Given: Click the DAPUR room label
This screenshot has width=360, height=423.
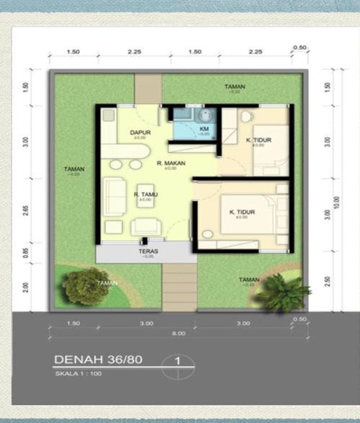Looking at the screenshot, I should click(139, 133).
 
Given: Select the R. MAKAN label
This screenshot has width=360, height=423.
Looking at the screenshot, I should click(171, 164).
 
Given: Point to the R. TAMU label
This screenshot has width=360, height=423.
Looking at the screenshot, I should click(146, 194).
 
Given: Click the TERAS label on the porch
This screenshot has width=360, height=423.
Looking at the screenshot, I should click(148, 251).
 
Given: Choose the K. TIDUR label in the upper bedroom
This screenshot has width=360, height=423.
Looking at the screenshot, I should click(258, 140).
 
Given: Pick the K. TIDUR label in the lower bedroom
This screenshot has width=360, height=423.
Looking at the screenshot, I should click(243, 212).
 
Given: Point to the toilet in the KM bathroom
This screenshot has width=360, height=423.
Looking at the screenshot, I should click(204, 115).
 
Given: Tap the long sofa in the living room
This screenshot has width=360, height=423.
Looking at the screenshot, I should click(113, 195).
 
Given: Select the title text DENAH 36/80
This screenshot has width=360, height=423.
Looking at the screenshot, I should click(97, 360).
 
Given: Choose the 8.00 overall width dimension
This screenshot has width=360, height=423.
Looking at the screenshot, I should click(179, 333).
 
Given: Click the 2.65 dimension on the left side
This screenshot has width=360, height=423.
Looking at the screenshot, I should click(27, 210).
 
